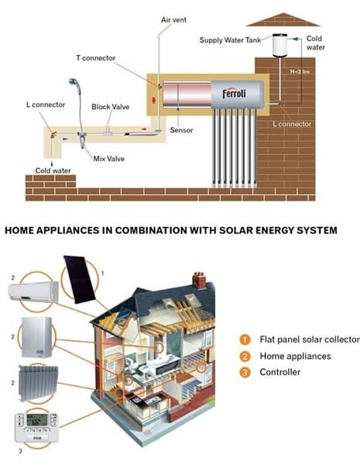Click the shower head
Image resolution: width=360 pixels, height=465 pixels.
point(75,84)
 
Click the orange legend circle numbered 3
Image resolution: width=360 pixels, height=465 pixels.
point(245,372)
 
